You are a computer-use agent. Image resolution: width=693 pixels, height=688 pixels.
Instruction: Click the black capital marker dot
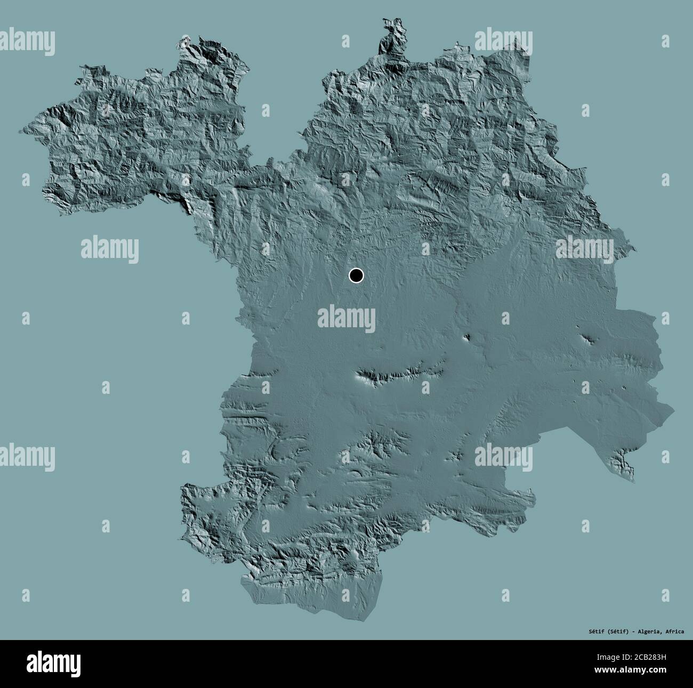point(356,276)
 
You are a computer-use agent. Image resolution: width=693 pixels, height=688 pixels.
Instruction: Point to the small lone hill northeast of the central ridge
point(467,337)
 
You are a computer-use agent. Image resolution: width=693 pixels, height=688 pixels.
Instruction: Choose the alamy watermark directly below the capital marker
point(346,318)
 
